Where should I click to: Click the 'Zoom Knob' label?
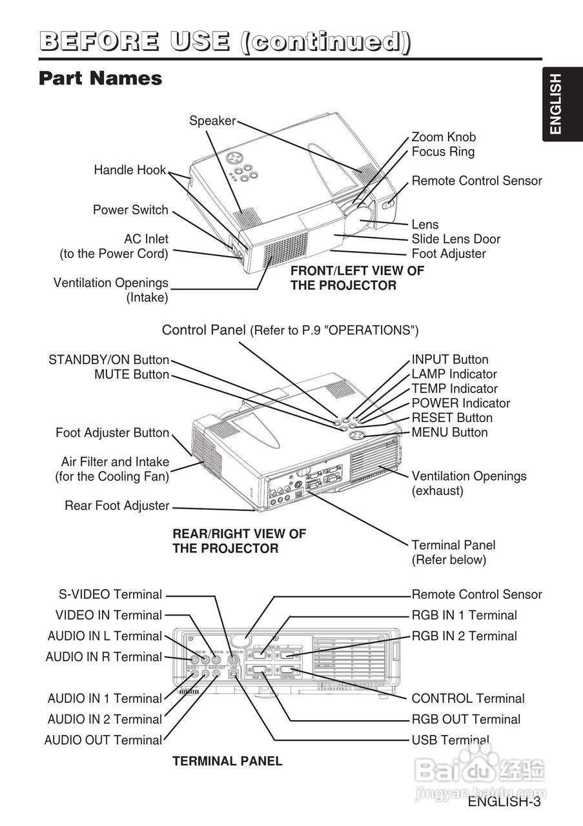(x=444, y=137)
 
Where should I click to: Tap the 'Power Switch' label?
(x=130, y=210)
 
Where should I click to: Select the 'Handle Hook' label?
(x=130, y=170)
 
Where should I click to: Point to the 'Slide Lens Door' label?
(x=456, y=239)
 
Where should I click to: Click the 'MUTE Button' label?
(x=132, y=374)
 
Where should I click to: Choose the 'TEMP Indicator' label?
(x=455, y=388)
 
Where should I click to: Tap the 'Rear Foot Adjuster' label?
(x=117, y=505)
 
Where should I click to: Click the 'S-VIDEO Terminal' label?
(x=110, y=594)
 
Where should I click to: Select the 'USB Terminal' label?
(x=450, y=740)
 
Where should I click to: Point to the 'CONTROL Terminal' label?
(x=468, y=698)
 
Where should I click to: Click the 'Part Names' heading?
(x=100, y=79)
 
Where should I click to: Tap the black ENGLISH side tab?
(x=556, y=104)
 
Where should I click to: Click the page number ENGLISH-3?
(x=504, y=802)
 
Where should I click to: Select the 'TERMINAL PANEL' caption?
(x=227, y=761)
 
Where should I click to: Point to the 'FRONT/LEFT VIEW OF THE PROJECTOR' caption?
(x=357, y=278)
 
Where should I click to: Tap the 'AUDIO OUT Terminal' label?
(x=103, y=740)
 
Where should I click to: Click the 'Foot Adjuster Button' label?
(x=112, y=432)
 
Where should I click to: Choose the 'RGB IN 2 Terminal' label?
(x=464, y=636)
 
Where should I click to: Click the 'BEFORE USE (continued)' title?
(x=225, y=42)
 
